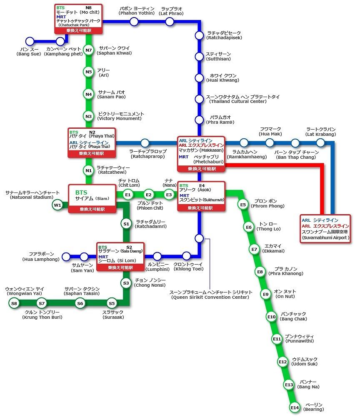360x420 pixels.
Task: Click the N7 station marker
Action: point(89,50)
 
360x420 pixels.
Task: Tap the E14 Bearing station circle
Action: point(295,407)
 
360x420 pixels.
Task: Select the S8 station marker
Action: point(14,303)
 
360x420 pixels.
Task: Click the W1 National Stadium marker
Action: point(57,205)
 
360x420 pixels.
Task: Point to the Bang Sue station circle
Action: point(30,41)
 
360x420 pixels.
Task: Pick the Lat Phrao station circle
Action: point(170,21)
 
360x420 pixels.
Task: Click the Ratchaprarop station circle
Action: point(145,143)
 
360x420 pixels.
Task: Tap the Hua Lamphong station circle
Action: point(66,257)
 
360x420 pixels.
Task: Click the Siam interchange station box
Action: point(92,199)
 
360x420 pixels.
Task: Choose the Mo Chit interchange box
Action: point(78,19)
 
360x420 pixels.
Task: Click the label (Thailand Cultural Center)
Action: point(238,101)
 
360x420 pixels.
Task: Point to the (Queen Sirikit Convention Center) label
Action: point(210,297)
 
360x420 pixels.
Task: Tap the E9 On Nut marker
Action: point(265,294)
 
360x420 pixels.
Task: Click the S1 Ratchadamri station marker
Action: point(126,224)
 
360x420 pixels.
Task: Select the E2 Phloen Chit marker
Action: point(148,195)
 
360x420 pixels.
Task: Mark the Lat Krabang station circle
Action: point(320,143)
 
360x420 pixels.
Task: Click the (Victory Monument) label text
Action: point(119,118)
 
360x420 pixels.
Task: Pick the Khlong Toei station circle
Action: point(186,256)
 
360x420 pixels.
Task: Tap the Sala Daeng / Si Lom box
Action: point(120,257)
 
